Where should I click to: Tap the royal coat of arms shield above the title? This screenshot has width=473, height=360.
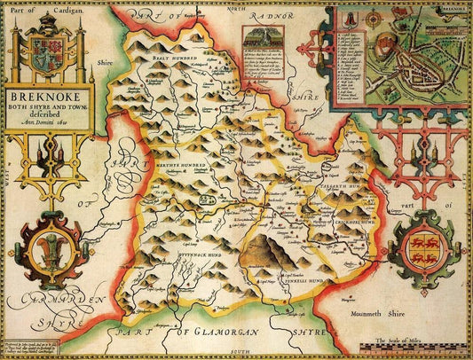[x=47, y=45]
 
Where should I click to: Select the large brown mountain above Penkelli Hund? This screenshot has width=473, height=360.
[x=269, y=239]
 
